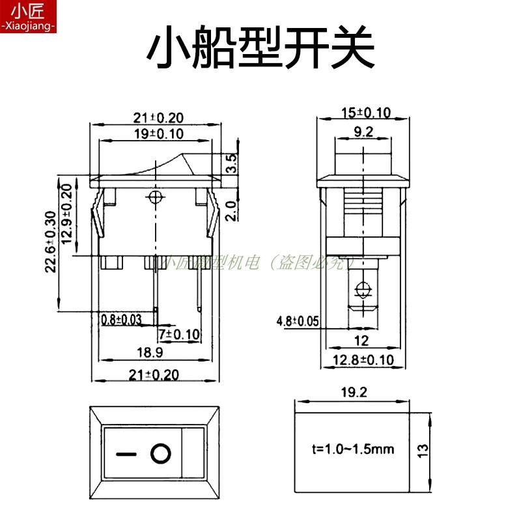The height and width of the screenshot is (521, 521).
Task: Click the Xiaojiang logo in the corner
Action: point(29,16)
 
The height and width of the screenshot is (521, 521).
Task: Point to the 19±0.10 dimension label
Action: point(158,134)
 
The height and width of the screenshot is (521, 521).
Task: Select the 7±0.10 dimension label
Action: point(180,334)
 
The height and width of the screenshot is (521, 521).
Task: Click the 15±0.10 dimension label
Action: point(365,113)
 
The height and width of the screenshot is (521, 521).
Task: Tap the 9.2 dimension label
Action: point(363,134)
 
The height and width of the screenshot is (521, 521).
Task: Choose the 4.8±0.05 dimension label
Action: point(298,320)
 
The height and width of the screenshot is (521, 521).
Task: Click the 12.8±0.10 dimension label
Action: point(363,359)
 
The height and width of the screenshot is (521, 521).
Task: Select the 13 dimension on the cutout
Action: point(422,450)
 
